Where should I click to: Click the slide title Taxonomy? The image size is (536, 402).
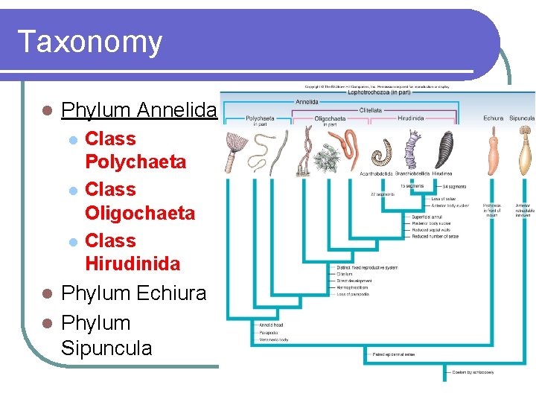point(89,42)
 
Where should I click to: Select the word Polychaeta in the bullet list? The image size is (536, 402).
point(135,162)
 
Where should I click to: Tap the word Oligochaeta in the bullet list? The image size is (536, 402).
point(140,213)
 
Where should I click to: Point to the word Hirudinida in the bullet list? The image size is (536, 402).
point(133,264)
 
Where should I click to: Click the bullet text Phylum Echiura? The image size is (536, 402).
point(133,293)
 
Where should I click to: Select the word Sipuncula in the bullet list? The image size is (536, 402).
point(106,348)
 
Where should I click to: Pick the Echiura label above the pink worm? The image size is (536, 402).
point(493,118)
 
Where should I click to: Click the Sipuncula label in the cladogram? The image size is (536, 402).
point(522,118)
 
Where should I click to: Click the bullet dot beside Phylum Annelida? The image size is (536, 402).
point(47,110)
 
